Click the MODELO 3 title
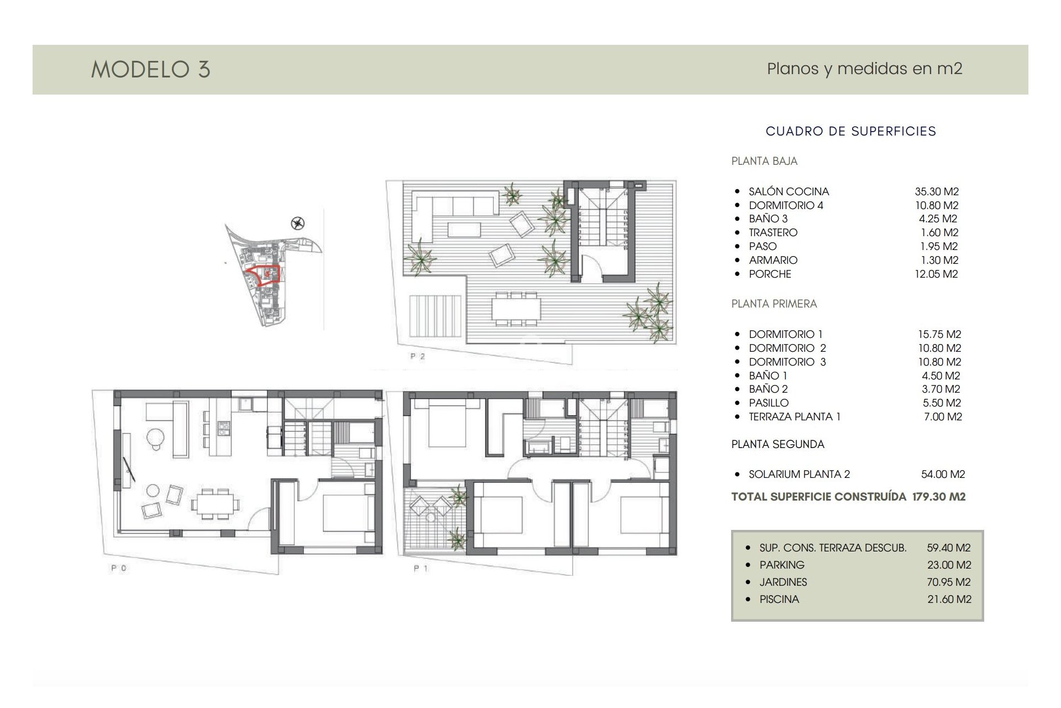coord(150,70)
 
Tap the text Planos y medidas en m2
coord(864,69)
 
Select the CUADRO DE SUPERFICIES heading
coord(850,131)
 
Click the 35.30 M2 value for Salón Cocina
coord(937,191)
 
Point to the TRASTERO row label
coord(773,232)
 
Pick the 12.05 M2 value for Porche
coord(936,274)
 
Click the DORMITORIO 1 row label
coord(785,334)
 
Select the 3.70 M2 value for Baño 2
coord(941,389)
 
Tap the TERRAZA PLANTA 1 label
coord(794,417)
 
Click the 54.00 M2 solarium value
coord(943,474)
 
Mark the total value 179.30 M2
coord(938,497)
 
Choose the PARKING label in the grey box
coord(781,565)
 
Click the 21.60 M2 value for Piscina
coord(949,599)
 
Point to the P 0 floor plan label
coord(119,568)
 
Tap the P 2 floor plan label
coord(418,356)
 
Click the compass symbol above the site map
coord(298,223)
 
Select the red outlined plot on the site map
coord(263,274)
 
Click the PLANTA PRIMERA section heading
coord(774,304)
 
